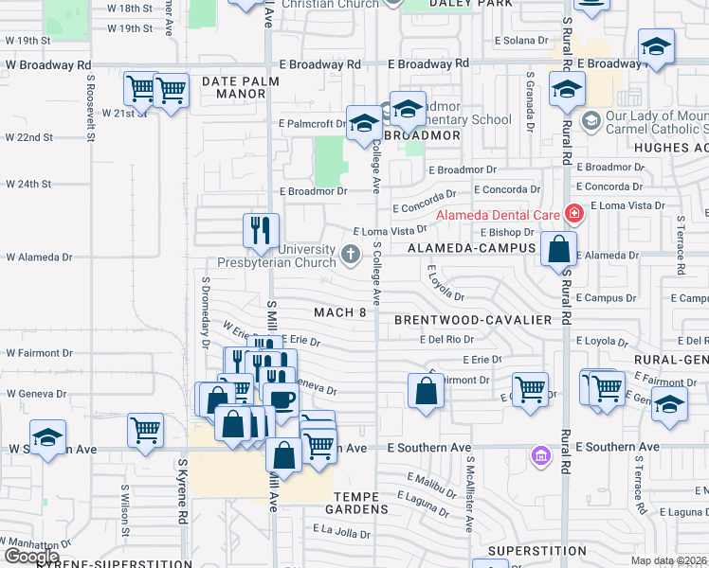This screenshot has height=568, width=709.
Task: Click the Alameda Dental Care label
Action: point(497,215)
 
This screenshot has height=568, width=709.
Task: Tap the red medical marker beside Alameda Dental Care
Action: point(573,214)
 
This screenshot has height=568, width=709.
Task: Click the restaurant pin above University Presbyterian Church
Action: point(261,230)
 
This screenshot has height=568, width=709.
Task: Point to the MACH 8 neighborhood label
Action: point(340,312)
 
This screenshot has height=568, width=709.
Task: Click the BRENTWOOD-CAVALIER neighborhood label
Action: point(474,320)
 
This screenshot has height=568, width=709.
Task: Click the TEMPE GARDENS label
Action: point(361,503)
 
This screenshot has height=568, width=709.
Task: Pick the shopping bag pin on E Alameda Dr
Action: point(559,250)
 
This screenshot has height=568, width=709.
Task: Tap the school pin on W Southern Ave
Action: point(47,436)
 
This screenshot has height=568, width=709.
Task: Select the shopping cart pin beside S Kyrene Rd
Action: point(146,430)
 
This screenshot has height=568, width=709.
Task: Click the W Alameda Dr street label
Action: point(39,257)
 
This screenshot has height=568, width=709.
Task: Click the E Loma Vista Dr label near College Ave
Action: point(390,231)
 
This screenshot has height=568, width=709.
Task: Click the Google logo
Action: point(31,557)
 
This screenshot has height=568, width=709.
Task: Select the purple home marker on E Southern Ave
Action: point(541,456)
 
